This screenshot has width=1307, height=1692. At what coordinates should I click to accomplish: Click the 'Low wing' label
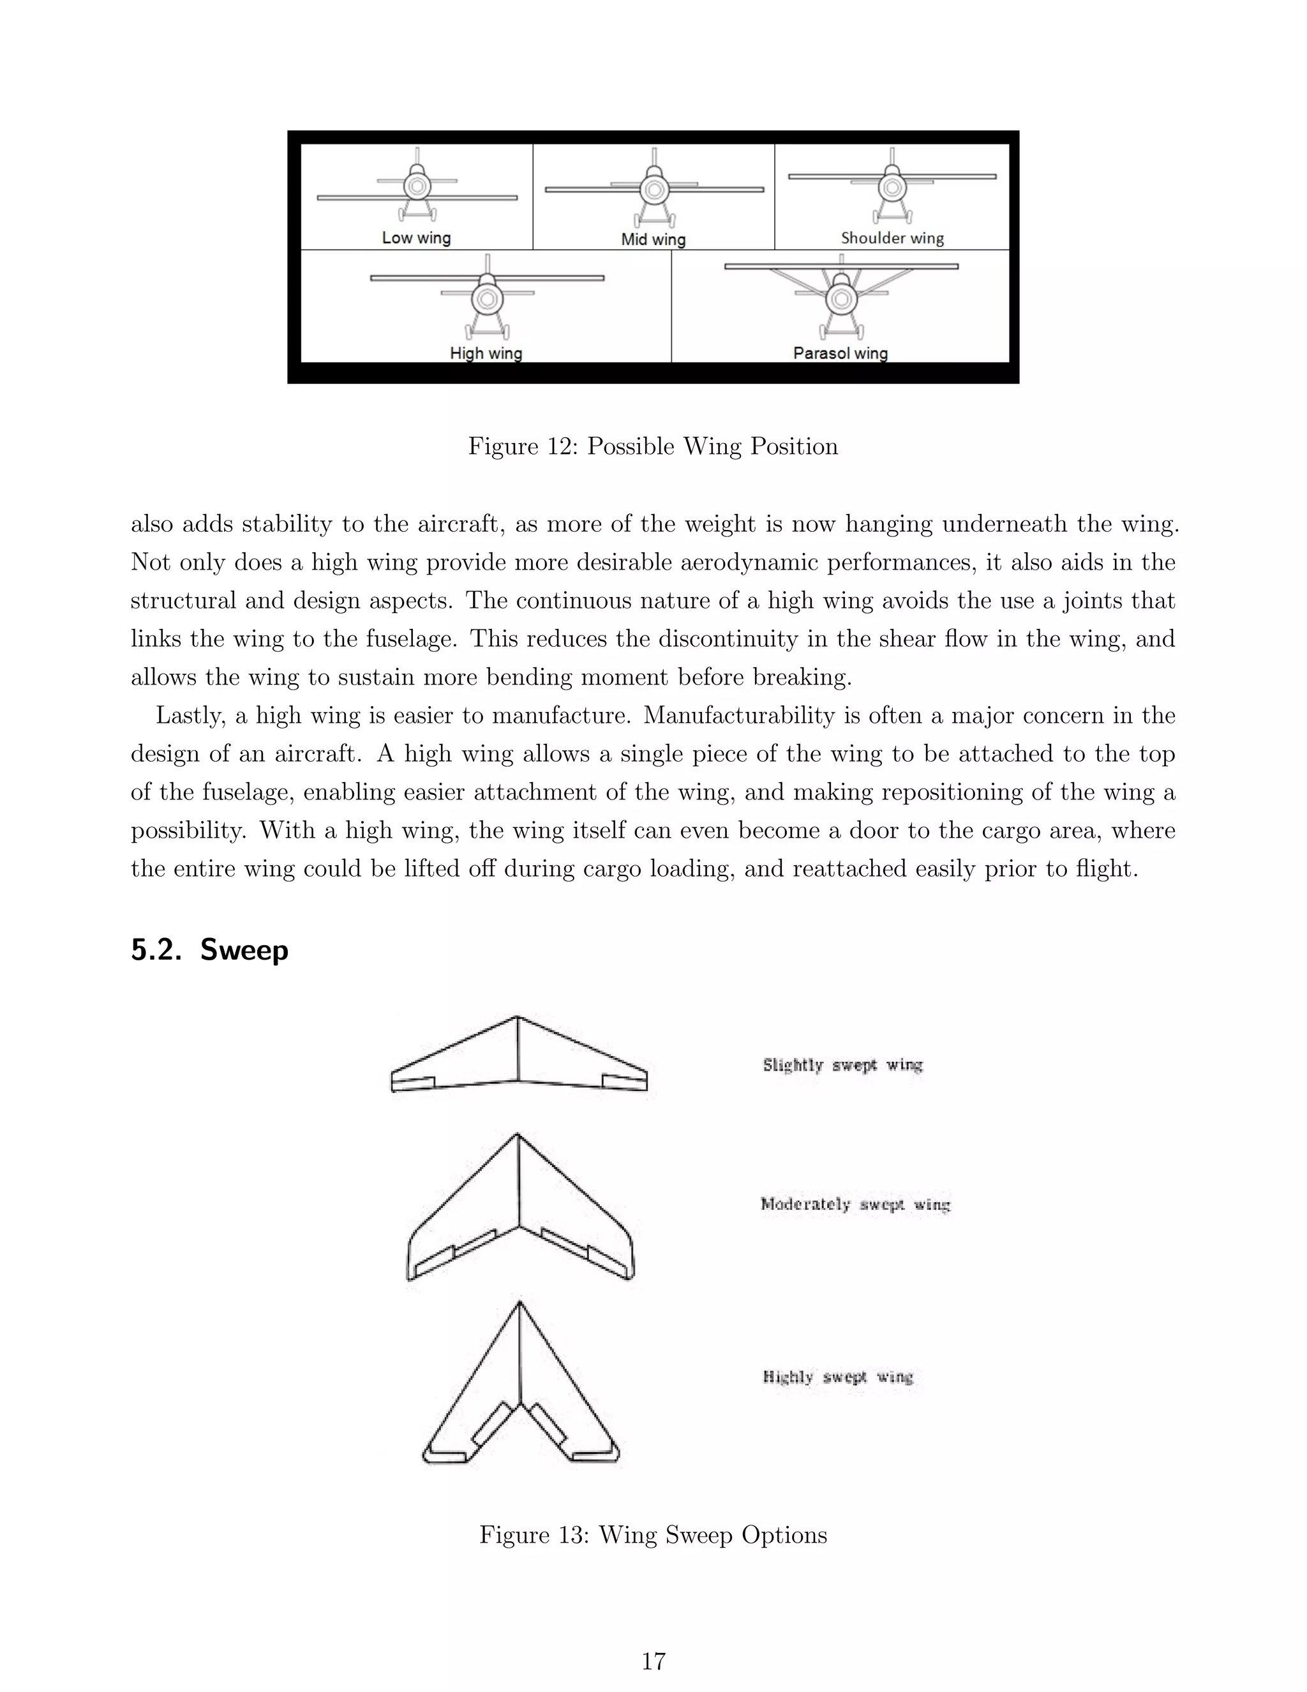(416, 238)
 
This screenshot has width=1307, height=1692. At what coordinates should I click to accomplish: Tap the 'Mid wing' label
(653, 239)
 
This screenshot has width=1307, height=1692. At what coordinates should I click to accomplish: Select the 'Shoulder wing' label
(892, 238)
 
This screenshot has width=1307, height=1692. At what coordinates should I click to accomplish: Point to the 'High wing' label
(486, 353)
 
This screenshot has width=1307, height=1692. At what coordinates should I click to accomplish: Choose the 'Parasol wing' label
(840, 353)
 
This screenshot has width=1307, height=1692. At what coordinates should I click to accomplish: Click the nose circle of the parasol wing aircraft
(840, 298)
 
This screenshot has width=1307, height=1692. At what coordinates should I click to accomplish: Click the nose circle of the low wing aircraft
(417, 186)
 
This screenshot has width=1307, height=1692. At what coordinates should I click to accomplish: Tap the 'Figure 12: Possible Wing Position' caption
(653, 446)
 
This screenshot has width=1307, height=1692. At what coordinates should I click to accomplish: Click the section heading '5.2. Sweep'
(209, 950)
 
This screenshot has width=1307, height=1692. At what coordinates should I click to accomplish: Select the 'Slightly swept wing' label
(842, 1064)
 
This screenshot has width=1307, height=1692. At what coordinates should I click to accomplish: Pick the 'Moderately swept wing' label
(855, 1204)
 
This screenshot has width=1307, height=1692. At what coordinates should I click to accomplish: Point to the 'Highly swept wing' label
(838, 1377)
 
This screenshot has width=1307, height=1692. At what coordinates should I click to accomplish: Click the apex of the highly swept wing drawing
(519, 1304)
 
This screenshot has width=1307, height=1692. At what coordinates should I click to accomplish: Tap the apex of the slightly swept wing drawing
(517, 1017)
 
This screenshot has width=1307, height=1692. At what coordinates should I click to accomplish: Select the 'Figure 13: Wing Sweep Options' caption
(653, 1535)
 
